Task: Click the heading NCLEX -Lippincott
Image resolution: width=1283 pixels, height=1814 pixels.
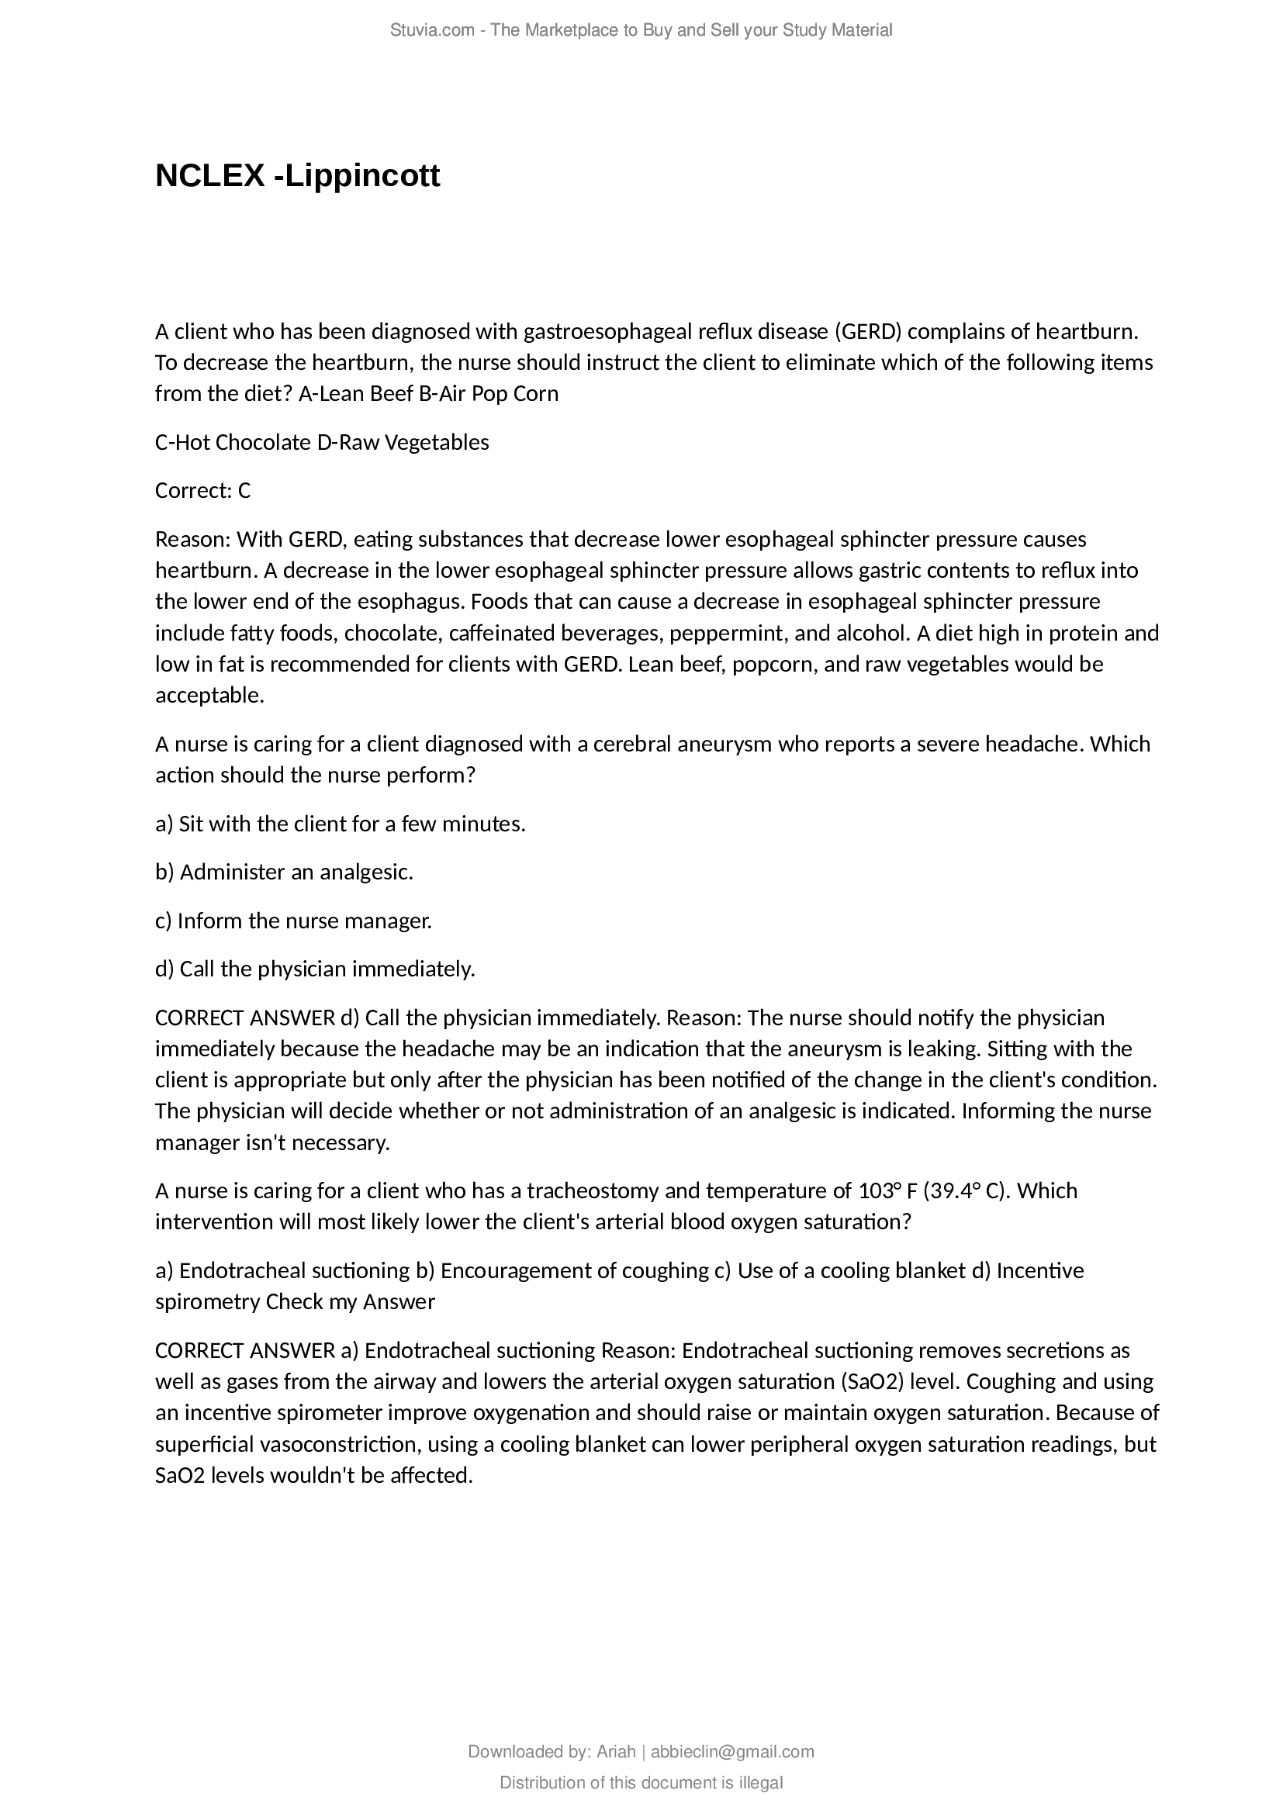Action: (x=297, y=175)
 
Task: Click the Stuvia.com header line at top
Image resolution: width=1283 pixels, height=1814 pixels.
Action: (x=641, y=30)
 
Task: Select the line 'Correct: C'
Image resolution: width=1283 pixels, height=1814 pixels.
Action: (x=202, y=491)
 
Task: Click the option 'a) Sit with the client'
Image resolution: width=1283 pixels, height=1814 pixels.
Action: (x=340, y=824)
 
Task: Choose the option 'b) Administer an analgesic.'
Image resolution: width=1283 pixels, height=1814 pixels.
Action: (x=285, y=872)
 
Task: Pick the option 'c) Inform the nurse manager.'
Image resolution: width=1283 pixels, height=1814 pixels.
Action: (x=293, y=921)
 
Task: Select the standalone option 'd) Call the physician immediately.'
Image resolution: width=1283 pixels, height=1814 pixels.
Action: (x=315, y=969)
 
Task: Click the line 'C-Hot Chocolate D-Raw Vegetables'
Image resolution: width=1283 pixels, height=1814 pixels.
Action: (x=322, y=442)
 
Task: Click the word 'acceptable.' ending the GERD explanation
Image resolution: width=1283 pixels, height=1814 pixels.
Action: (x=209, y=695)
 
